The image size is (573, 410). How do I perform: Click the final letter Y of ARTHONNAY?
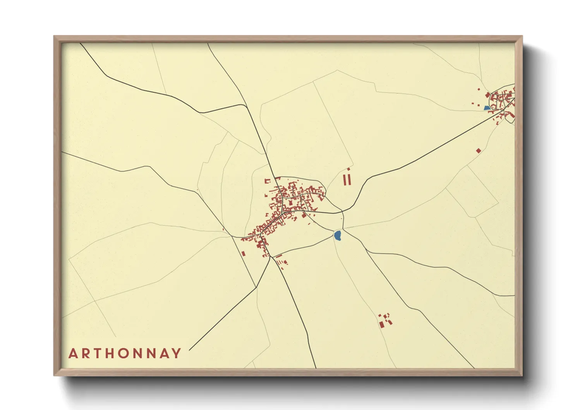tap(177, 353)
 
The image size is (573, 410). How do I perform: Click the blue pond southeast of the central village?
tap(338, 235)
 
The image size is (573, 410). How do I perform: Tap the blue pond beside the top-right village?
tap(487, 108)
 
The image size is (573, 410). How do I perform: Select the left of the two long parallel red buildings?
tap(345, 179)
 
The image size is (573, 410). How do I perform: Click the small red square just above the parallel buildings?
tap(348, 169)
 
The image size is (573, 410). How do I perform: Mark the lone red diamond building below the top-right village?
tap(479, 150)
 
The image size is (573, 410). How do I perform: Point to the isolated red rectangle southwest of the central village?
tap(244, 254)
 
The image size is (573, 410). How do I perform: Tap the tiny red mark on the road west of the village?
tap(223, 229)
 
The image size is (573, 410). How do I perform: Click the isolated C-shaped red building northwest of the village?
tap(267, 181)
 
